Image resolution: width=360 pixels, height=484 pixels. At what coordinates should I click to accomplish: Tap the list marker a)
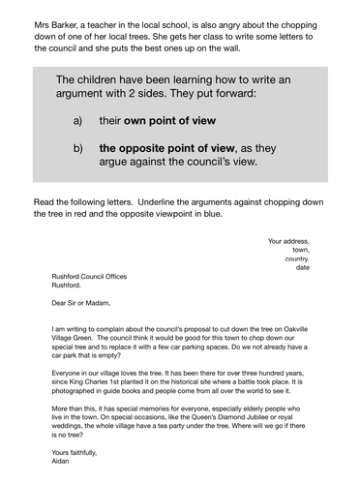[77, 121]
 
